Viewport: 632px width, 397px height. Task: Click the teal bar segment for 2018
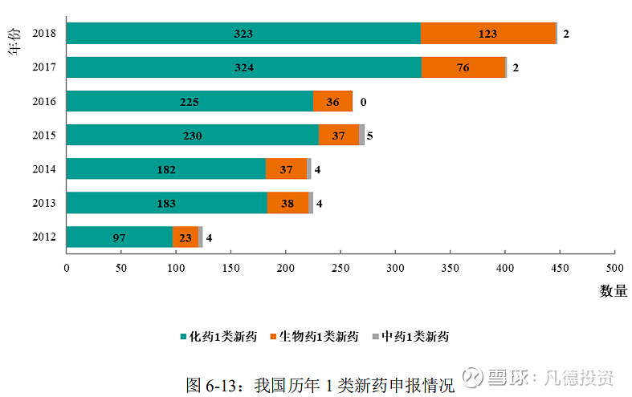click(x=243, y=34)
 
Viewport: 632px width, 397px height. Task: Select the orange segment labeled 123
click(x=487, y=34)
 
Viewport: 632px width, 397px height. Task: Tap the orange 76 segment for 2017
click(x=463, y=67)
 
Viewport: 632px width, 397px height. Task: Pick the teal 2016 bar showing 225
click(x=190, y=102)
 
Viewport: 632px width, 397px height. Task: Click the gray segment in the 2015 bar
click(x=362, y=136)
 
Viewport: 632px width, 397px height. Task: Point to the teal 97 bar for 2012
click(x=120, y=237)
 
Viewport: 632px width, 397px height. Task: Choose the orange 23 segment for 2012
click(x=186, y=237)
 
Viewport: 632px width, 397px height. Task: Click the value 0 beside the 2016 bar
click(x=363, y=102)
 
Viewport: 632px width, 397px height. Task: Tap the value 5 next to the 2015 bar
click(x=370, y=136)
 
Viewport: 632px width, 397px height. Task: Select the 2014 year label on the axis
click(x=43, y=170)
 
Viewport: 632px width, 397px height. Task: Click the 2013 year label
click(x=43, y=204)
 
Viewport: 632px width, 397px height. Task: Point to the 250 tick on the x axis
click(x=340, y=267)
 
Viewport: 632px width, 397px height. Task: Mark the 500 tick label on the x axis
click(x=614, y=267)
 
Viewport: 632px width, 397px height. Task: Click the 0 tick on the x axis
click(x=67, y=267)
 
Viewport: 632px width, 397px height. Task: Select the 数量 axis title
click(x=614, y=291)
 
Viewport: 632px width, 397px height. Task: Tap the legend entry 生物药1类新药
click(x=318, y=337)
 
